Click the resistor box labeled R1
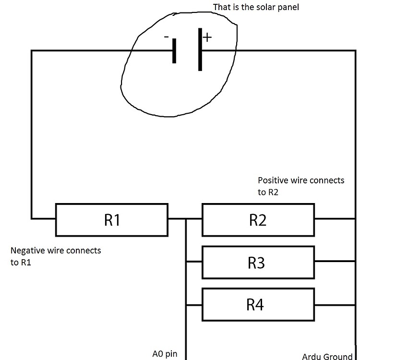(111, 220)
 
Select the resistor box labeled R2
(258, 220)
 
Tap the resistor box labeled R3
(258, 262)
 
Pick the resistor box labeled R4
(258, 304)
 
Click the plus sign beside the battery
(207, 37)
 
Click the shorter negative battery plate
(174, 51)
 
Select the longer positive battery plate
(200, 49)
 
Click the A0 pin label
(165, 354)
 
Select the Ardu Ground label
(327, 356)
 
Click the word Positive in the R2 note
(274, 180)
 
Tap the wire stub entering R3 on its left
(193, 262)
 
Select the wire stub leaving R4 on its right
(335, 304)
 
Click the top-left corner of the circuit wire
(32, 50)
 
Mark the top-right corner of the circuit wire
(355, 50)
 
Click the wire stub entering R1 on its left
(43, 219)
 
